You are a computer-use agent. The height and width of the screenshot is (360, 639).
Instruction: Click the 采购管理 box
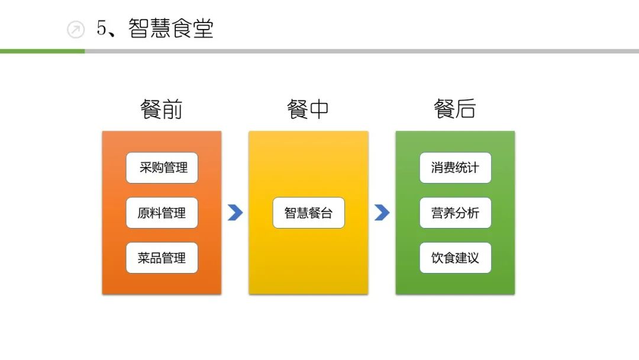[162, 168]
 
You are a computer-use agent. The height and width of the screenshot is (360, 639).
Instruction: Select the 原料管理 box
[162, 213]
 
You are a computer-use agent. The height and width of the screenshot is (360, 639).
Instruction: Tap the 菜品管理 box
[162, 258]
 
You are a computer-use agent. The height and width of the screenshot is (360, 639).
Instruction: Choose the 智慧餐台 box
[308, 213]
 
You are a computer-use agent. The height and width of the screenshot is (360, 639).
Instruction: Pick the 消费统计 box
[455, 168]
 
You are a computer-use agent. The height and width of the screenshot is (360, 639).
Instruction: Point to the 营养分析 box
[455, 213]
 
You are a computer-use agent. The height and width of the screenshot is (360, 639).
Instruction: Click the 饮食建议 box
[455, 258]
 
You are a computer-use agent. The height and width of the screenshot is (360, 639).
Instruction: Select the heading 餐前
[161, 110]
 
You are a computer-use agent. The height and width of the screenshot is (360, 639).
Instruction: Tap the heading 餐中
[308, 110]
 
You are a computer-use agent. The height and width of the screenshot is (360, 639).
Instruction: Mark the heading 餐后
[454, 110]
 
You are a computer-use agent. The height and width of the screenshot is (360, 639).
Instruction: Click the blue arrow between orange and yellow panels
[235, 213]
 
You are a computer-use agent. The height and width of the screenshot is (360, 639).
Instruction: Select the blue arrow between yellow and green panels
[382, 213]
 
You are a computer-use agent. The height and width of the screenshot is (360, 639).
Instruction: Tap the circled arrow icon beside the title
[76, 30]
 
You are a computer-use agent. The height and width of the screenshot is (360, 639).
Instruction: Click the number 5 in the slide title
[102, 28]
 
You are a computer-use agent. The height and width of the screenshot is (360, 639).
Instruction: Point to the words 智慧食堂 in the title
[170, 28]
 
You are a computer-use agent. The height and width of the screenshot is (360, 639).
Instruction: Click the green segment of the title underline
[42, 52]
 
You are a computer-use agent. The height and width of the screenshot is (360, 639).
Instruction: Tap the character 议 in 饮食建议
[473, 258]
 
